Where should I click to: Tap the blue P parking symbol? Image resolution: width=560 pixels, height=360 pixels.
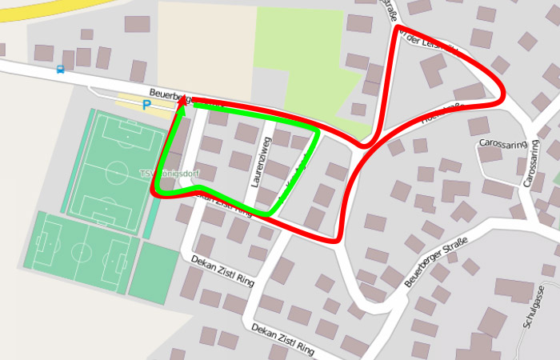tap(146, 104)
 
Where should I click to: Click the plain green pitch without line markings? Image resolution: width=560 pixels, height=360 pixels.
tap(154, 271)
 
